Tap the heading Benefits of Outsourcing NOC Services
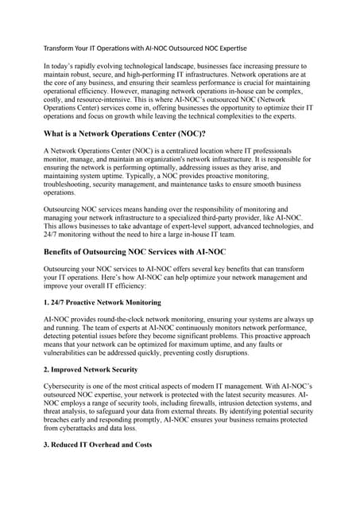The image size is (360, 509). pyautogui.click(x=134, y=252)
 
